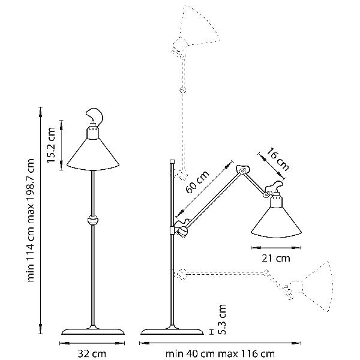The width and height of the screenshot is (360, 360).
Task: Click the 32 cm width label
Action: (92, 353)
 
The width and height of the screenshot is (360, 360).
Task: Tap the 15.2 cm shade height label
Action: (51, 145)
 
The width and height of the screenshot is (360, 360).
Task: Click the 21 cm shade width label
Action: (276, 258)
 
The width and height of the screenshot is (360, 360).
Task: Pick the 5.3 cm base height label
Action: (222, 319)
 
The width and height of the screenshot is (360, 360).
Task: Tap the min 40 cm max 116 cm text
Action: (220, 353)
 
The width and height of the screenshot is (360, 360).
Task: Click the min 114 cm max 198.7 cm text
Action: (31, 220)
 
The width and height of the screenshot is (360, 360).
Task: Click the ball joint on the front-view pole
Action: (93, 220)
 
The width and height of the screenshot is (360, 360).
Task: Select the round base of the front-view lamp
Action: (93, 331)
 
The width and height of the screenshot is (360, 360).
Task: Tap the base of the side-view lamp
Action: (172, 331)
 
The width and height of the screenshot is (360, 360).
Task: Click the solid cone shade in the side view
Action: (276, 221)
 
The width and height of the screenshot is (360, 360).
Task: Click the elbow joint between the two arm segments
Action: (242, 170)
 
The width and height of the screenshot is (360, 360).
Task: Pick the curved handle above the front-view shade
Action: (95, 116)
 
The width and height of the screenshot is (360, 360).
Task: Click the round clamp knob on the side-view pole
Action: (183, 231)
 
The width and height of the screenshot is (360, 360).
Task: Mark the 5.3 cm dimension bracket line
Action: (212, 332)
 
